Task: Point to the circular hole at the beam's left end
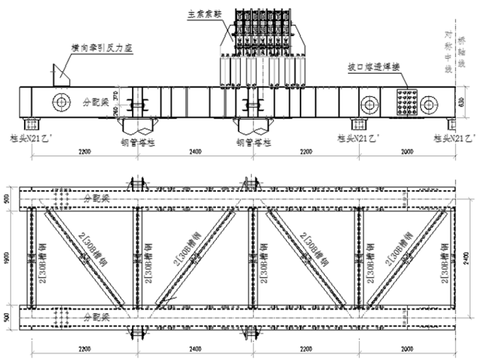[61, 102]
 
